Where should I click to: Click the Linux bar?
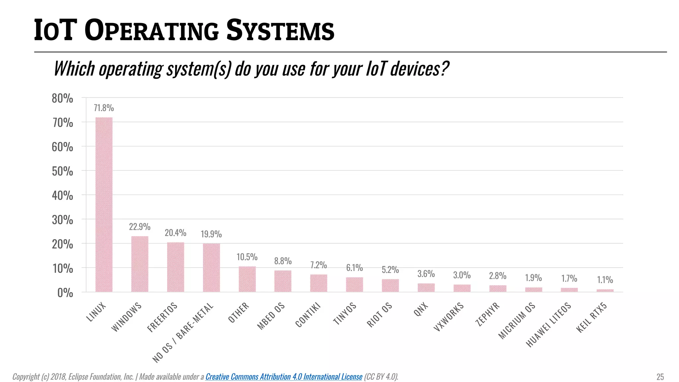[x=104, y=204]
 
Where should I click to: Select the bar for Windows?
[x=140, y=264]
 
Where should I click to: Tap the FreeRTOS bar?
[x=175, y=267]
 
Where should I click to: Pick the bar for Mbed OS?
[x=283, y=281]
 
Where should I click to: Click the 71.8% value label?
[x=104, y=108]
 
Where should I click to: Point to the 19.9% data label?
[x=211, y=234]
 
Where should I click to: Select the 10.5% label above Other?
[x=247, y=257]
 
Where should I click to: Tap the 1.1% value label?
[x=605, y=280]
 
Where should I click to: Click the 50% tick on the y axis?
[x=62, y=171]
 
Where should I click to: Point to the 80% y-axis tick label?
[x=62, y=98]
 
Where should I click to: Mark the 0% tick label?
[x=65, y=293]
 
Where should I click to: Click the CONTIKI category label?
[x=308, y=315]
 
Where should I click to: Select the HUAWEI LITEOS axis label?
[x=549, y=325]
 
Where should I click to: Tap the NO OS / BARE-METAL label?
[x=183, y=333]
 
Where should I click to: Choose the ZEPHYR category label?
[x=487, y=314]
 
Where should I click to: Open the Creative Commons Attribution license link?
[x=284, y=377]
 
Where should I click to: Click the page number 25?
[x=660, y=377]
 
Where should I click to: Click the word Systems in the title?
[x=280, y=31]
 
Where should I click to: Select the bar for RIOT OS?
[x=390, y=285]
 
